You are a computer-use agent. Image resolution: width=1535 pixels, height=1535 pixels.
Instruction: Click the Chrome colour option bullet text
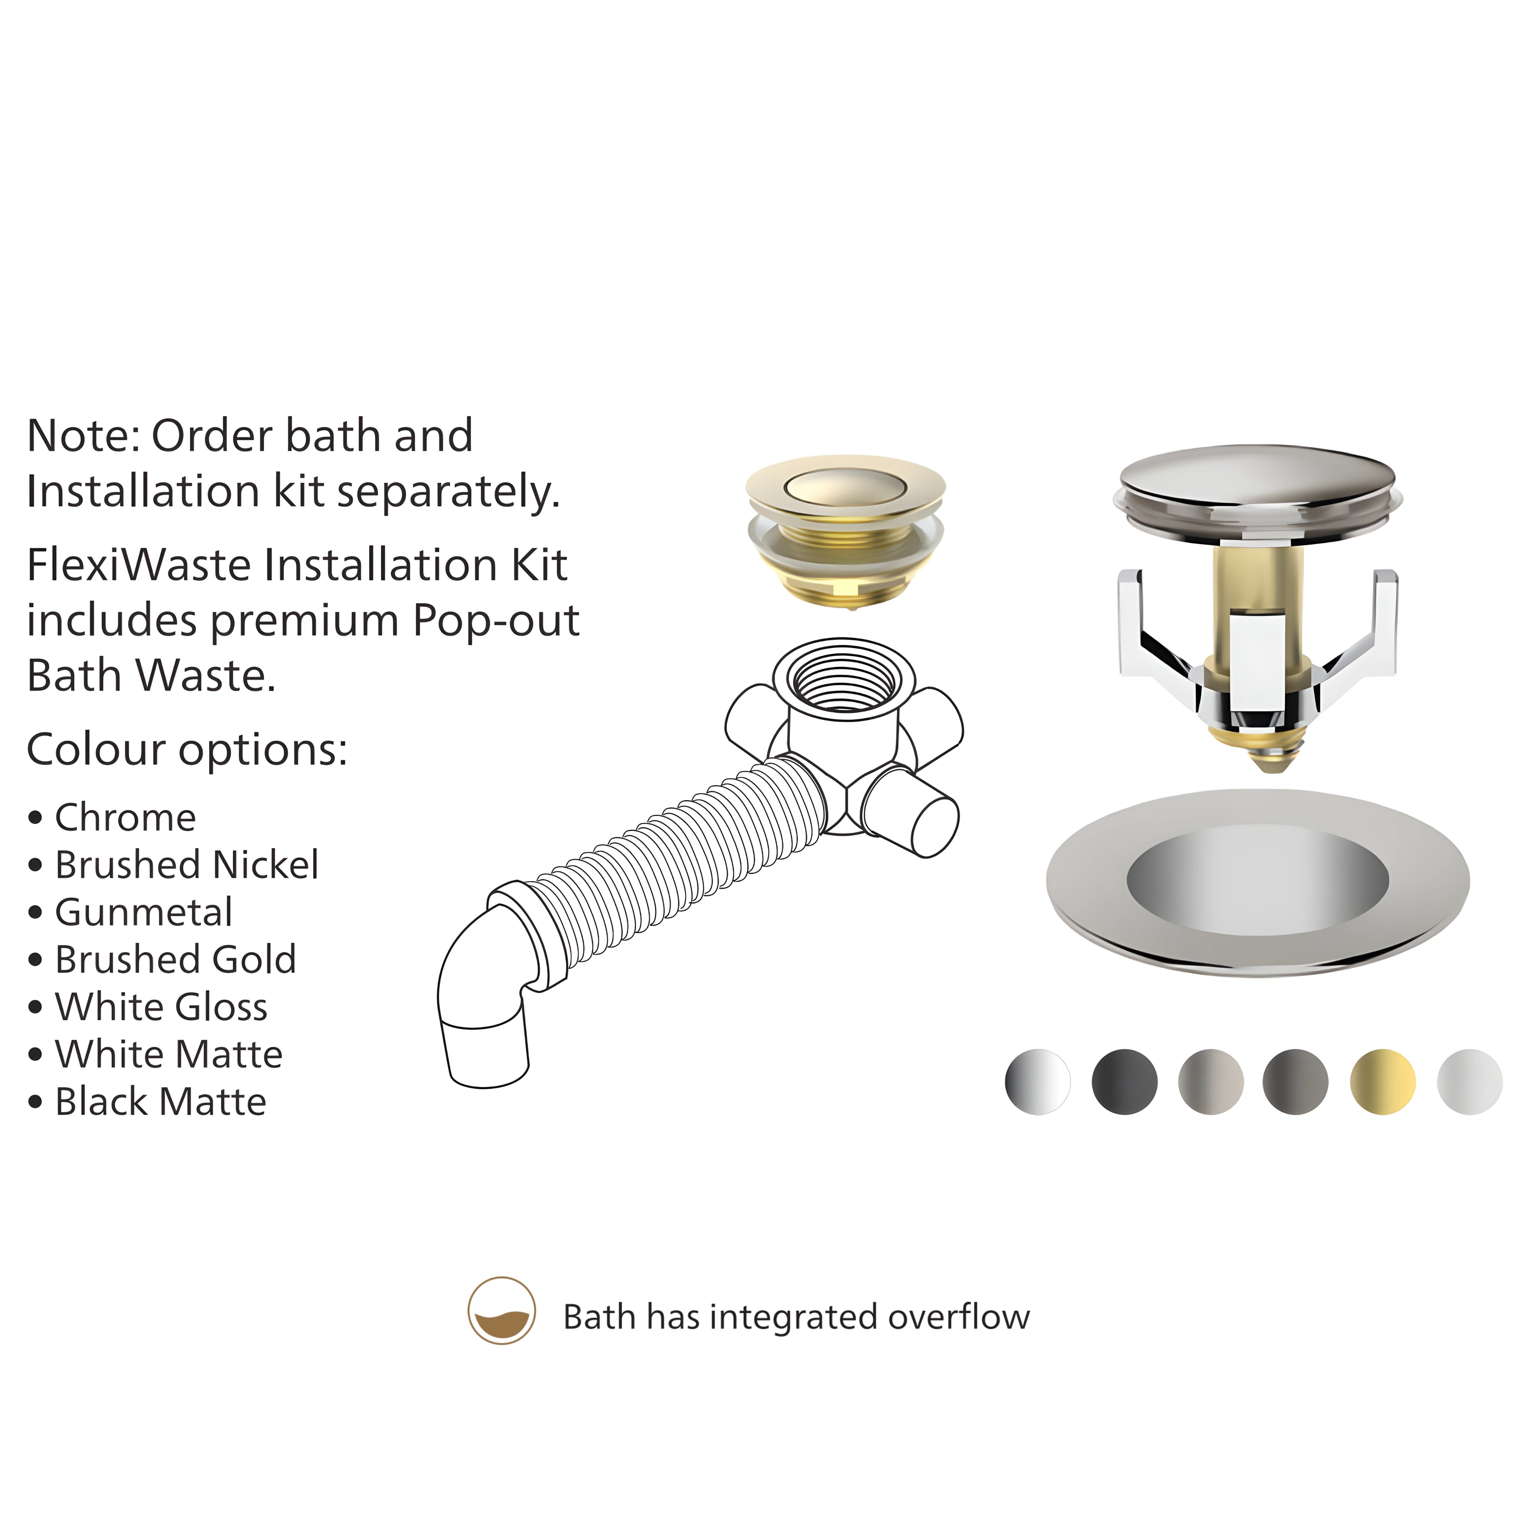tap(125, 817)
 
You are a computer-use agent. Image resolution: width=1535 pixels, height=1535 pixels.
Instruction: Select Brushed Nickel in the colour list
tap(187, 865)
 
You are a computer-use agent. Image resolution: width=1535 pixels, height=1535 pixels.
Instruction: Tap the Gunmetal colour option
tap(144, 912)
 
